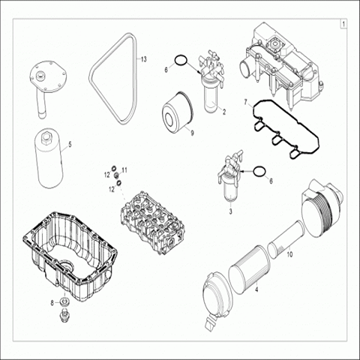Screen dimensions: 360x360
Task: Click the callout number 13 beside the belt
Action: point(143,59)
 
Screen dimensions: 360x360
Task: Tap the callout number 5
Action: point(70,145)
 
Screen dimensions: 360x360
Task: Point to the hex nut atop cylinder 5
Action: point(47,136)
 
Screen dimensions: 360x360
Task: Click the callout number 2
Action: point(224,112)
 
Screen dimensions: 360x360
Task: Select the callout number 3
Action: point(230,211)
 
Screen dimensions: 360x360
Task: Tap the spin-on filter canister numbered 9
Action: point(178,109)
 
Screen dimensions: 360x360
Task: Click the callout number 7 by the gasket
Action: point(245,102)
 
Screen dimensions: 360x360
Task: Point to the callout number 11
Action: point(124,170)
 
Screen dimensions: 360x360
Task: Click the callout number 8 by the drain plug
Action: point(52,303)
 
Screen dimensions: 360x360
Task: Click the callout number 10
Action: point(289,255)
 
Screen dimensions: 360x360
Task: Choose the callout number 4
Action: point(256,289)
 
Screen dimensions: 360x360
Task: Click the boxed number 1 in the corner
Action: point(343,24)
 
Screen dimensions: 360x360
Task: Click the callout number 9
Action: point(192,133)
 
